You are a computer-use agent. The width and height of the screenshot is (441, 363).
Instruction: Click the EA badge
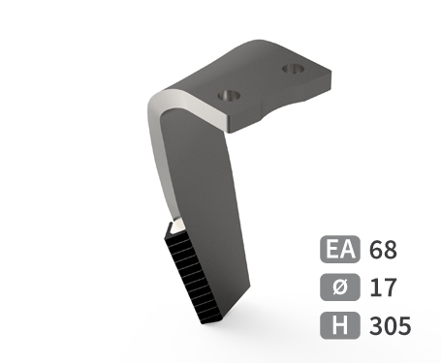[340, 249]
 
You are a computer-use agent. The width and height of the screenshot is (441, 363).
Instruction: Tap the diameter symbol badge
[340, 287]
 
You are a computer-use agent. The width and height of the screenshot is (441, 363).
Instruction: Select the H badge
[340, 325]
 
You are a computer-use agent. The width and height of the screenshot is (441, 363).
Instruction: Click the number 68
[383, 250]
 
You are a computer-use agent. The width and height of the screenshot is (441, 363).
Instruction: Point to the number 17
[383, 287]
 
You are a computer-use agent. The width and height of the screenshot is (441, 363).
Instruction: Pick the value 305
[391, 325]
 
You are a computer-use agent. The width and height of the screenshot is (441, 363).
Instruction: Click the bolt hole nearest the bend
[229, 96]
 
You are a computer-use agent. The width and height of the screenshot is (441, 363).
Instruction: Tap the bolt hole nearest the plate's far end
[294, 69]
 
